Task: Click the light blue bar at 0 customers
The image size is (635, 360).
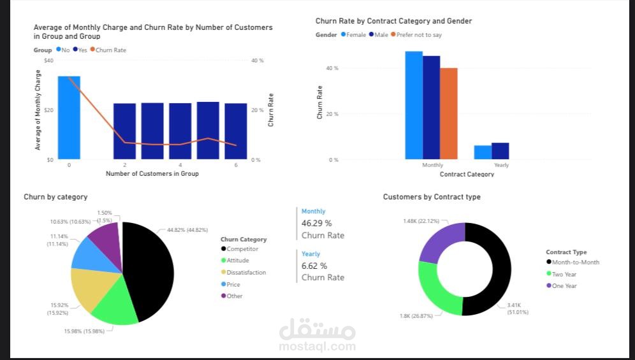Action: click(x=69, y=118)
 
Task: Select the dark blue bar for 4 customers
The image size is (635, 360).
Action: click(x=180, y=131)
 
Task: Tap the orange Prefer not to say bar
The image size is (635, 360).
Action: click(x=449, y=113)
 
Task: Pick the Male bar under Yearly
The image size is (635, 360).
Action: click(x=500, y=151)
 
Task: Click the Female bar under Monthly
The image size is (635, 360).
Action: click(x=414, y=105)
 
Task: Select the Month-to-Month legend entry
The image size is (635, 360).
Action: click(x=576, y=262)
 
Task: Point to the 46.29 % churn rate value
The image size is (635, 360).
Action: click(x=316, y=224)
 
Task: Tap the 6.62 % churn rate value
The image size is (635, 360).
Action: click(x=314, y=266)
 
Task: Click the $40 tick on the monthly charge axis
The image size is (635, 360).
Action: click(x=48, y=61)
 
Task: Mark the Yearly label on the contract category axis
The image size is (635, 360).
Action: click(x=501, y=165)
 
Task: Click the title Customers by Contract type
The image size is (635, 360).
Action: click(x=432, y=197)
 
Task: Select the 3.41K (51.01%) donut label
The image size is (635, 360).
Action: click(x=518, y=309)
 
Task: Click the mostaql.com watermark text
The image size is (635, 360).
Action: click(x=317, y=347)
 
